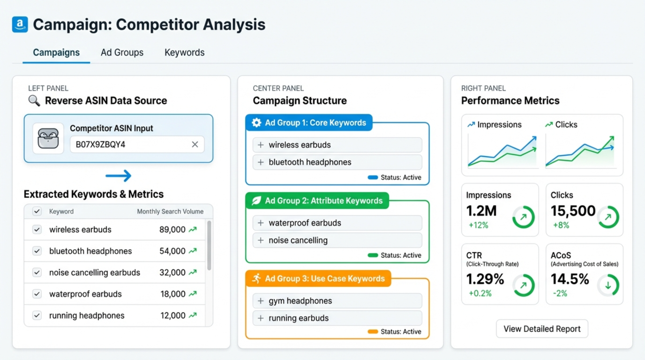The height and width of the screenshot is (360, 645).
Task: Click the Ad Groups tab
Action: pyautogui.click(x=122, y=52)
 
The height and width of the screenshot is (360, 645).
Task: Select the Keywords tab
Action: pyautogui.click(x=184, y=52)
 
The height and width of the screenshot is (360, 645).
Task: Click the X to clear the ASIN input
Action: pyautogui.click(x=195, y=144)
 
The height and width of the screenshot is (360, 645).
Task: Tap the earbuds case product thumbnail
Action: pyautogui.click(x=48, y=138)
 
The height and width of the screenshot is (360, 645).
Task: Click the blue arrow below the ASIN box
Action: pyautogui.click(x=118, y=176)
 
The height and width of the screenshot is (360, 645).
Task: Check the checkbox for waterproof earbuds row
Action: pyautogui.click(x=37, y=294)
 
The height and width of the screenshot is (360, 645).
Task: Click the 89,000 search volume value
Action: pyautogui.click(x=172, y=230)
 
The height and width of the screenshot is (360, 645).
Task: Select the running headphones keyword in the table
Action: pyautogui.click(x=87, y=315)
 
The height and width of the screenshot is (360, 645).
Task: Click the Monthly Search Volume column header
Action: pyautogui.click(x=170, y=211)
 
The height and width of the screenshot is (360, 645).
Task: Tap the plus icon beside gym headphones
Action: pyautogui.click(x=261, y=301)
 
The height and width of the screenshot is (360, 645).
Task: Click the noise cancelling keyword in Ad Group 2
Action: pyautogui.click(x=298, y=240)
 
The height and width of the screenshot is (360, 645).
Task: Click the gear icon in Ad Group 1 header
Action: pyautogui.click(x=256, y=123)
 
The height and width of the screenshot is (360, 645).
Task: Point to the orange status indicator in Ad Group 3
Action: pyautogui.click(x=373, y=331)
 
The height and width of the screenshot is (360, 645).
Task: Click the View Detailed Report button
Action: pyautogui.click(x=542, y=329)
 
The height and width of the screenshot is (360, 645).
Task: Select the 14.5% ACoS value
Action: pyautogui.click(x=569, y=279)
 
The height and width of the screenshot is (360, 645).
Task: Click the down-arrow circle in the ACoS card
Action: pyautogui.click(x=608, y=285)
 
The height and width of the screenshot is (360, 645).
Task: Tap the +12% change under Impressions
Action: pyautogui.click(x=478, y=225)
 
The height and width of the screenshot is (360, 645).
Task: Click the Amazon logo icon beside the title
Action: pyautogui.click(x=20, y=24)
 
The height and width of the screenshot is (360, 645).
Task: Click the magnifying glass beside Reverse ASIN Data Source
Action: pyautogui.click(x=34, y=101)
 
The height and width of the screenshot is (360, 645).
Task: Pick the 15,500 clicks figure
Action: pyautogui.click(x=573, y=211)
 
